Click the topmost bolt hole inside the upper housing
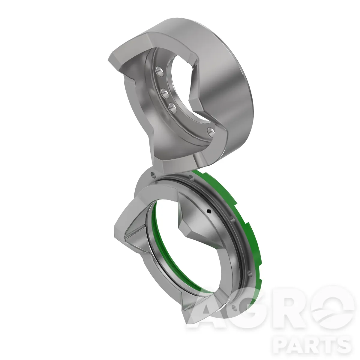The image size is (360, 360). click(159, 71)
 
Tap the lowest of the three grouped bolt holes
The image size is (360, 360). click(172, 108)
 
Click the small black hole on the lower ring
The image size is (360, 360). click(209, 211)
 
